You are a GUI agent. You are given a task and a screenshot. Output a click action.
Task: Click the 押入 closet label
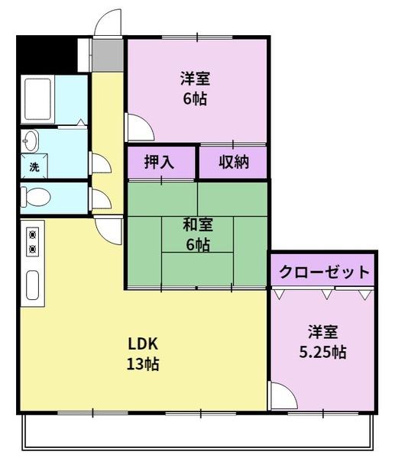(x=159, y=163)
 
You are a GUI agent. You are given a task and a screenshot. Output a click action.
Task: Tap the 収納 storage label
(x=234, y=163)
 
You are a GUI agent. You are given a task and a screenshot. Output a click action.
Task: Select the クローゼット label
(x=324, y=273)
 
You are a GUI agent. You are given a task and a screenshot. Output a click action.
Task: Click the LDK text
(x=142, y=343)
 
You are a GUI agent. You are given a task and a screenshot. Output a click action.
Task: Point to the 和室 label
(x=197, y=225)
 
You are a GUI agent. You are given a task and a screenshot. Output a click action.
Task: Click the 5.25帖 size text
(x=322, y=352)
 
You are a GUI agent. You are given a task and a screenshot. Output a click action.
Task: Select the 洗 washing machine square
(x=34, y=166)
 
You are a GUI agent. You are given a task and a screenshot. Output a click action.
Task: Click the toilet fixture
(x=35, y=197)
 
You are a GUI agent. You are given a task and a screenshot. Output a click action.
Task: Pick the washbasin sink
(x=31, y=140)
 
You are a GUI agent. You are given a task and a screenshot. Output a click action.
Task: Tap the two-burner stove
(x=33, y=241)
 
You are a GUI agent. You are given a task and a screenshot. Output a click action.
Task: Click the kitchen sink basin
(x=33, y=284)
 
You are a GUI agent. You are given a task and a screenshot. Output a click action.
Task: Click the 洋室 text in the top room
(x=196, y=79)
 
